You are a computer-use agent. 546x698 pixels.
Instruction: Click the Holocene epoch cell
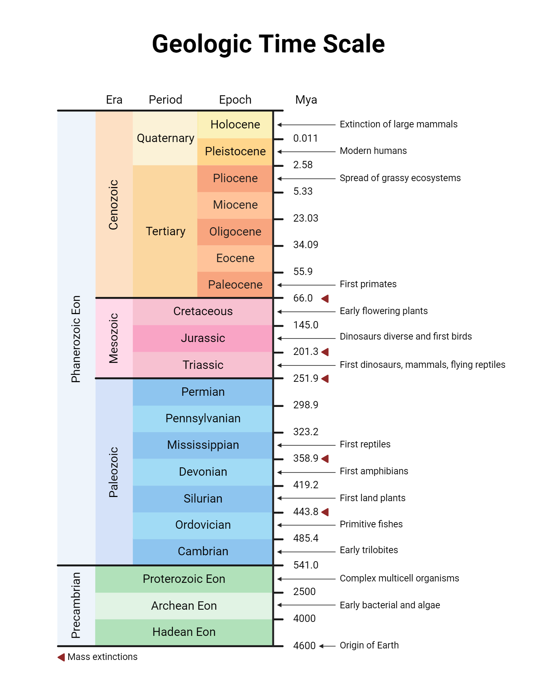(235, 125)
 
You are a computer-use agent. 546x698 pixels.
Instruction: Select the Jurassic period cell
(203, 338)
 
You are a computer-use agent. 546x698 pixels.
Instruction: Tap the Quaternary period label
(165, 138)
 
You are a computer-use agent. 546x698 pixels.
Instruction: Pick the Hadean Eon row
(184, 632)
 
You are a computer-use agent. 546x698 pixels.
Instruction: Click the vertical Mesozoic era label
(114, 338)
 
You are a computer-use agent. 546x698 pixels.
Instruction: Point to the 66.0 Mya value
(303, 298)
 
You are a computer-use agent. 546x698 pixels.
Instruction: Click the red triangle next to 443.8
(325, 512)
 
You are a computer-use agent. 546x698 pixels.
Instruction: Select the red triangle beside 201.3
(325, 352)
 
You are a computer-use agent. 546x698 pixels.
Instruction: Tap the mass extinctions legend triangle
(61, 657)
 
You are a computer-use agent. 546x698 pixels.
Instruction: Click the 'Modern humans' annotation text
(373, 151)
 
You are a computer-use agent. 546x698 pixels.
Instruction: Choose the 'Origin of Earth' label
(369, 645)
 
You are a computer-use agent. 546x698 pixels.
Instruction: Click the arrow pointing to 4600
(327, 646)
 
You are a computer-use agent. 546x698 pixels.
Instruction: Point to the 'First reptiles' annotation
(365, 444)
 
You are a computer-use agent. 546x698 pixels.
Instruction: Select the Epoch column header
(235, 100)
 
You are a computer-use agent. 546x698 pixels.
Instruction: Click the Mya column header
(306, 100)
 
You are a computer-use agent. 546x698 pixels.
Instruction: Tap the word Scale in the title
(354, 44)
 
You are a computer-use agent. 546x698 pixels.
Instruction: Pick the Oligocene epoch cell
(235, 232)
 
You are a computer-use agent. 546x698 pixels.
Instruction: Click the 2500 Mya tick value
(304, 592)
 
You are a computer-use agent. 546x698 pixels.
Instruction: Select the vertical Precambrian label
(76, 606)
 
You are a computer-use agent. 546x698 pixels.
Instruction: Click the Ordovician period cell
(203, 525)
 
